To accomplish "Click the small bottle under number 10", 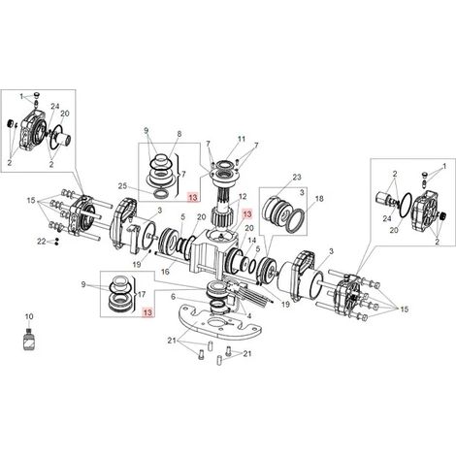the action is point(28,339).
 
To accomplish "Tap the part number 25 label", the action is point(122,186).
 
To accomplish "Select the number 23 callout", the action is point(297,177).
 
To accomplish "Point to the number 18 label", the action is point(319,199).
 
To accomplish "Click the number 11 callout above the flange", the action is point(242,139).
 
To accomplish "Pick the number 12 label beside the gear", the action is point(243,196).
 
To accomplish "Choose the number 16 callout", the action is point(165,272).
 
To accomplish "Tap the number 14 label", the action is point(252,241).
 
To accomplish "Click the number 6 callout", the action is point(173,297).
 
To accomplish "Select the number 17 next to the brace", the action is point(142,294).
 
